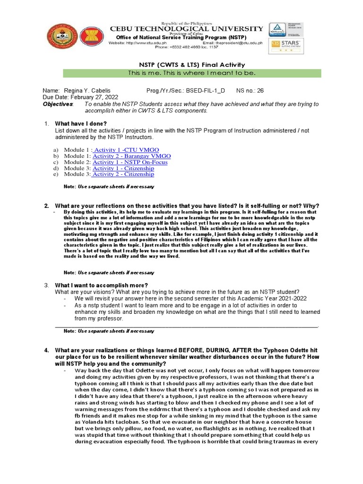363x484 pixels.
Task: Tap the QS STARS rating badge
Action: [286, 46]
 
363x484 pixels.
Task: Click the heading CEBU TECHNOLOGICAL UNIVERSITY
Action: [186, 29]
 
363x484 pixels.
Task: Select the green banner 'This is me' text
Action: [192, 73]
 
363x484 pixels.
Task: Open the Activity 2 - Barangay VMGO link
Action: [132, 156]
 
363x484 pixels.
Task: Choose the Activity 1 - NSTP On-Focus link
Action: [130, 162]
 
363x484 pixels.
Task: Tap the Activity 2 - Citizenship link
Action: [123, 174]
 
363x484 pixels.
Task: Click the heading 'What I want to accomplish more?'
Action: [102, 285]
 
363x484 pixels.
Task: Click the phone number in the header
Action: [195, 47]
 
